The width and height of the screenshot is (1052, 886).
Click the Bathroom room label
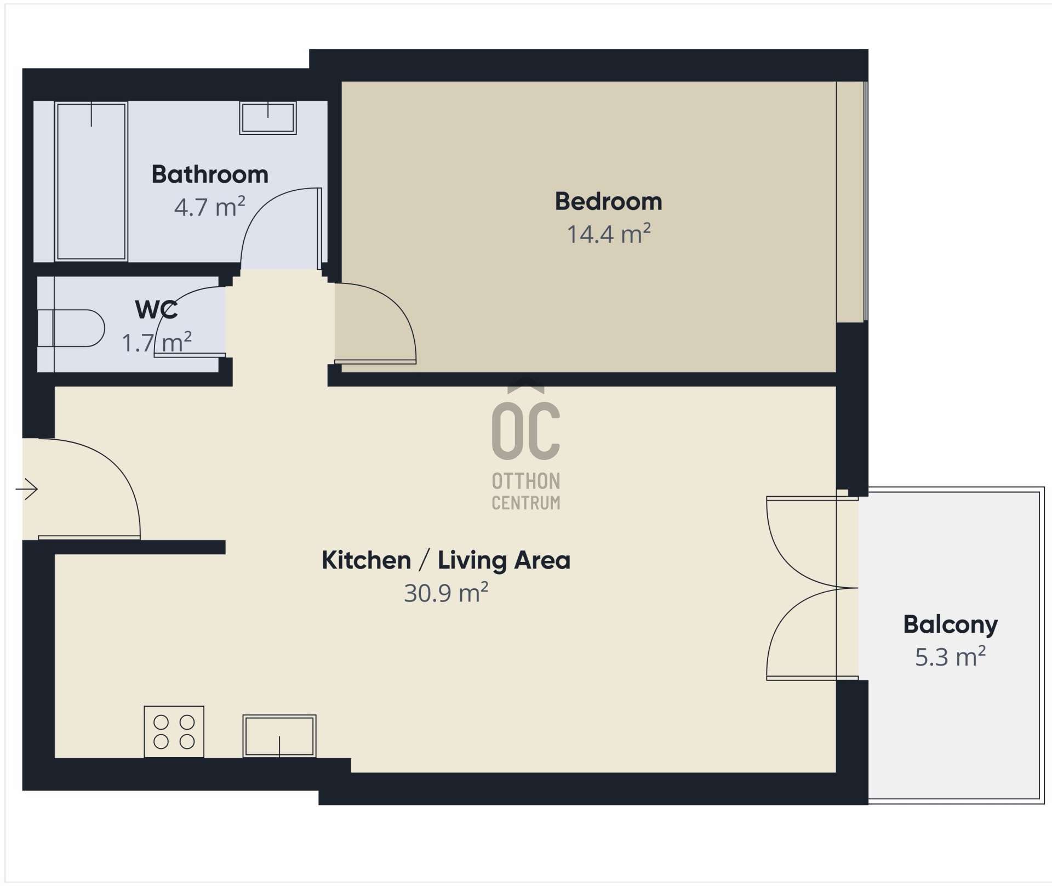210,174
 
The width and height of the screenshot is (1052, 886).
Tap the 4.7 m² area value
210,207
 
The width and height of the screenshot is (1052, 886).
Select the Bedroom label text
608,201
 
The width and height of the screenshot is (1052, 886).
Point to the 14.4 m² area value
608,234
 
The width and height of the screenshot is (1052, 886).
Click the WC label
156,310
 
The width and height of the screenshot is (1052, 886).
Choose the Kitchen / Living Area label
446,560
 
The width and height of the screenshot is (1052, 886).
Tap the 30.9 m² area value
446,593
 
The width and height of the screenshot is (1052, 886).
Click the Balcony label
950,625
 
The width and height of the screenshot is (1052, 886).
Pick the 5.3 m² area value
950,657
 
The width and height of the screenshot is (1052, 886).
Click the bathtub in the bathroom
92,181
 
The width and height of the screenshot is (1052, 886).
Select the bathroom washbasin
268,117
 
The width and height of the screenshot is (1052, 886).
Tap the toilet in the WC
71,328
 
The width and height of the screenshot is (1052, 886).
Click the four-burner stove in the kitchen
174,732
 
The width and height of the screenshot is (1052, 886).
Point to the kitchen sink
279,736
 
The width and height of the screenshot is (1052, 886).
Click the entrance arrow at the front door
26,489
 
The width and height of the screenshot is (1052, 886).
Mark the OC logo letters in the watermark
526,431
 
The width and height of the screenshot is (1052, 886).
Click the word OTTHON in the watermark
526,481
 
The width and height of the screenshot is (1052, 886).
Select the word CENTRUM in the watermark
526,503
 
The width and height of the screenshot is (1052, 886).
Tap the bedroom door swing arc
398,309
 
